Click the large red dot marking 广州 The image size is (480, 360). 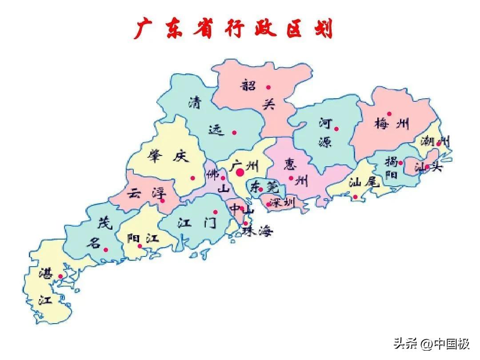(240, 172)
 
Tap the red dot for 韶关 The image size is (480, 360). (268, 87)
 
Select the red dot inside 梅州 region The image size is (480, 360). (389, 114)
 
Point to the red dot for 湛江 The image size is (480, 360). (60, 276)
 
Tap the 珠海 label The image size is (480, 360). (258, 231)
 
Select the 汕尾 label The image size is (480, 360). (364, 182)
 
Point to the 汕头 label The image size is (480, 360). (428, 168)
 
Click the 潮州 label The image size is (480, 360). (435, 141)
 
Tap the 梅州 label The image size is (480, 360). (392, 124)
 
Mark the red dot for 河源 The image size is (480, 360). (336, 129)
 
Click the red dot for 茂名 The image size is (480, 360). (106, 250)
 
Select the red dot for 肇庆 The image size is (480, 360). (193, 178)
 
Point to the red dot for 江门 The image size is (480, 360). (216, 212)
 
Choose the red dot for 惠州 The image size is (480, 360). (291, 178)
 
